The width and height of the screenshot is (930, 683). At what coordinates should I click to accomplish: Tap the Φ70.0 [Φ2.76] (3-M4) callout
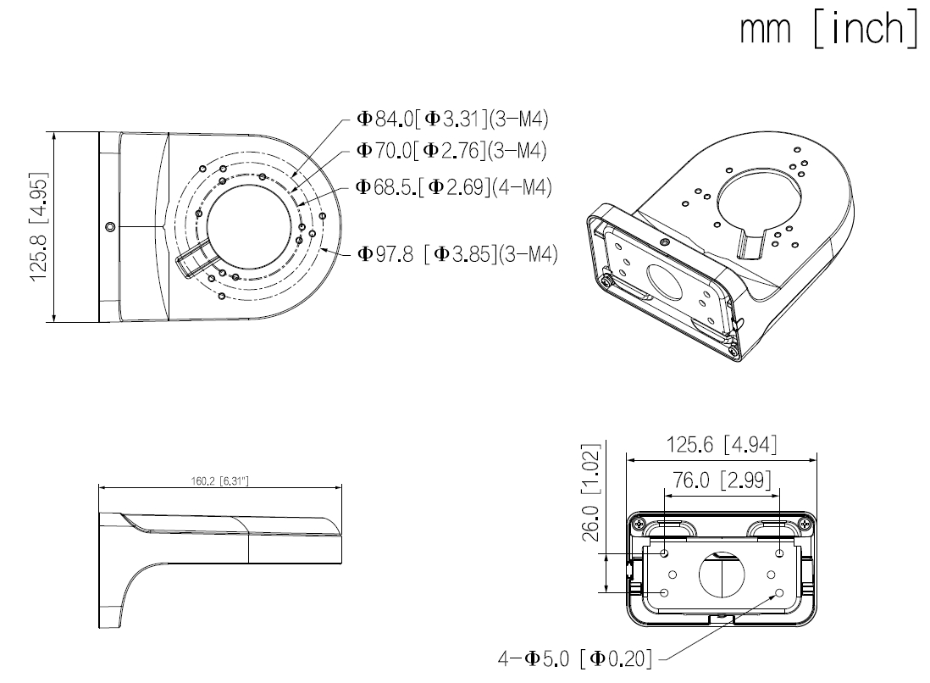pyautogui.click(x=449, y=151)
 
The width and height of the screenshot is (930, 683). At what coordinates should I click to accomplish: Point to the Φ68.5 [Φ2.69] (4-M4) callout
pyautogui.click(x=454, y=186)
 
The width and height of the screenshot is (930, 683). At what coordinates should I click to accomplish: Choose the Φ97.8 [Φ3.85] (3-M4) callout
pyautogui.click(x=457, y=253)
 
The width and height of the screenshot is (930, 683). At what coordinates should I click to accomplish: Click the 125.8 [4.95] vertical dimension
pyautogui.click(x=37, y=226)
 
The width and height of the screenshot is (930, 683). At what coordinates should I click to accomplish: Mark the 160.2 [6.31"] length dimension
pyautogui.click(x=220, y=480)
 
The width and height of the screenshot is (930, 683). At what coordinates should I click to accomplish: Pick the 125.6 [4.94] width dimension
pyautogui.click(x=722, y=444)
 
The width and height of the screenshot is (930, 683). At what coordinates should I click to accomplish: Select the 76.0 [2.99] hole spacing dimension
pyautogui.click(x=722, y=480)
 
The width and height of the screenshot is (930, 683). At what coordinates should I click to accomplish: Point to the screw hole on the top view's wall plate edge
pyautogui.click(x=111, y=226)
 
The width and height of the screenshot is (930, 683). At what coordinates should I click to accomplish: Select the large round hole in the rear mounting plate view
pyautogui.click(x=721, y=574)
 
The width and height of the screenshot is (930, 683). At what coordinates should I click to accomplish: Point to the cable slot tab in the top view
pyautogui.click(x=193, y=256)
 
